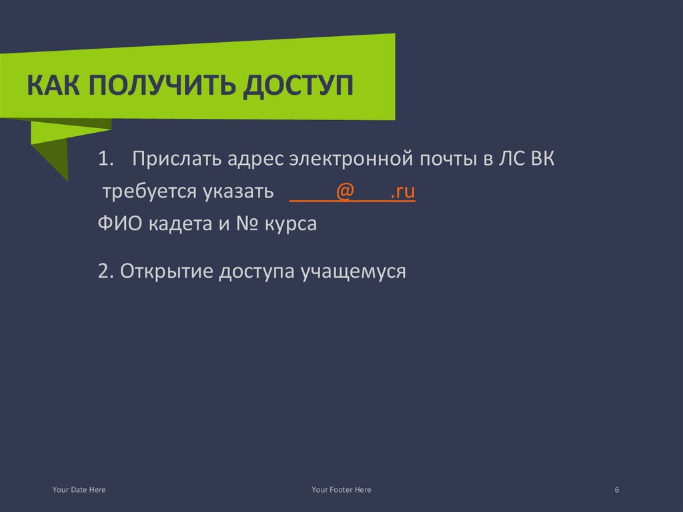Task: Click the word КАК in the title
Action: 52,87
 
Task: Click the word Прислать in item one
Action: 176,160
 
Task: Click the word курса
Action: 291,224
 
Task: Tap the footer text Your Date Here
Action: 79,490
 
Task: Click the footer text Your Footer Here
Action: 341,490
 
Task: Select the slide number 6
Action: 617,490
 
